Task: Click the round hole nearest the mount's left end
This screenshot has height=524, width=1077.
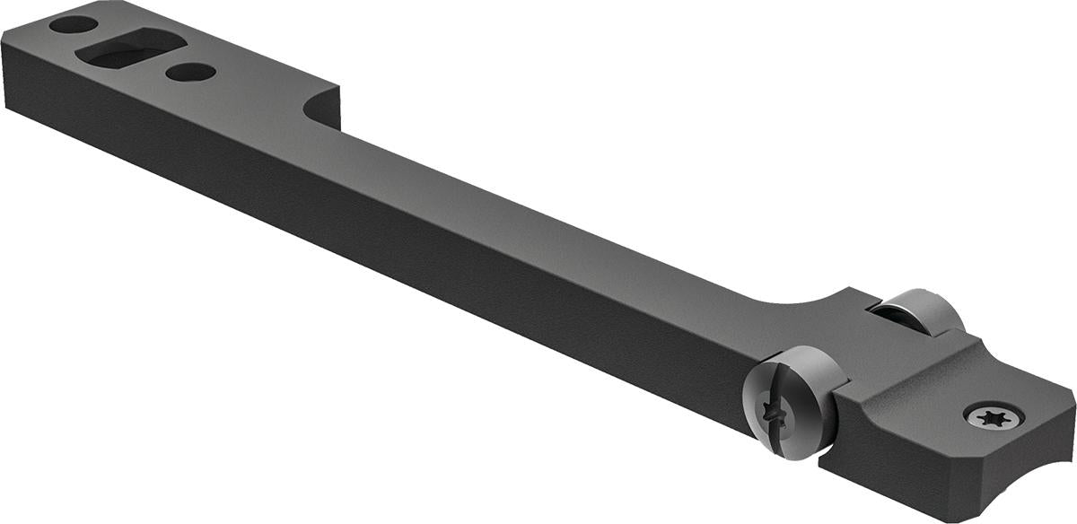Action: tap(74, 24)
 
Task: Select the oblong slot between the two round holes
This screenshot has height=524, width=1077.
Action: tap(131, 49)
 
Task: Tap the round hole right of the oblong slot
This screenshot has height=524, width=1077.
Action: tap(190, 71)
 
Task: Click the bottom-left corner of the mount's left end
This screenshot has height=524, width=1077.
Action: tap(7, 107)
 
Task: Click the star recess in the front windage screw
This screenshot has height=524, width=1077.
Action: tap(770, 414)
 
